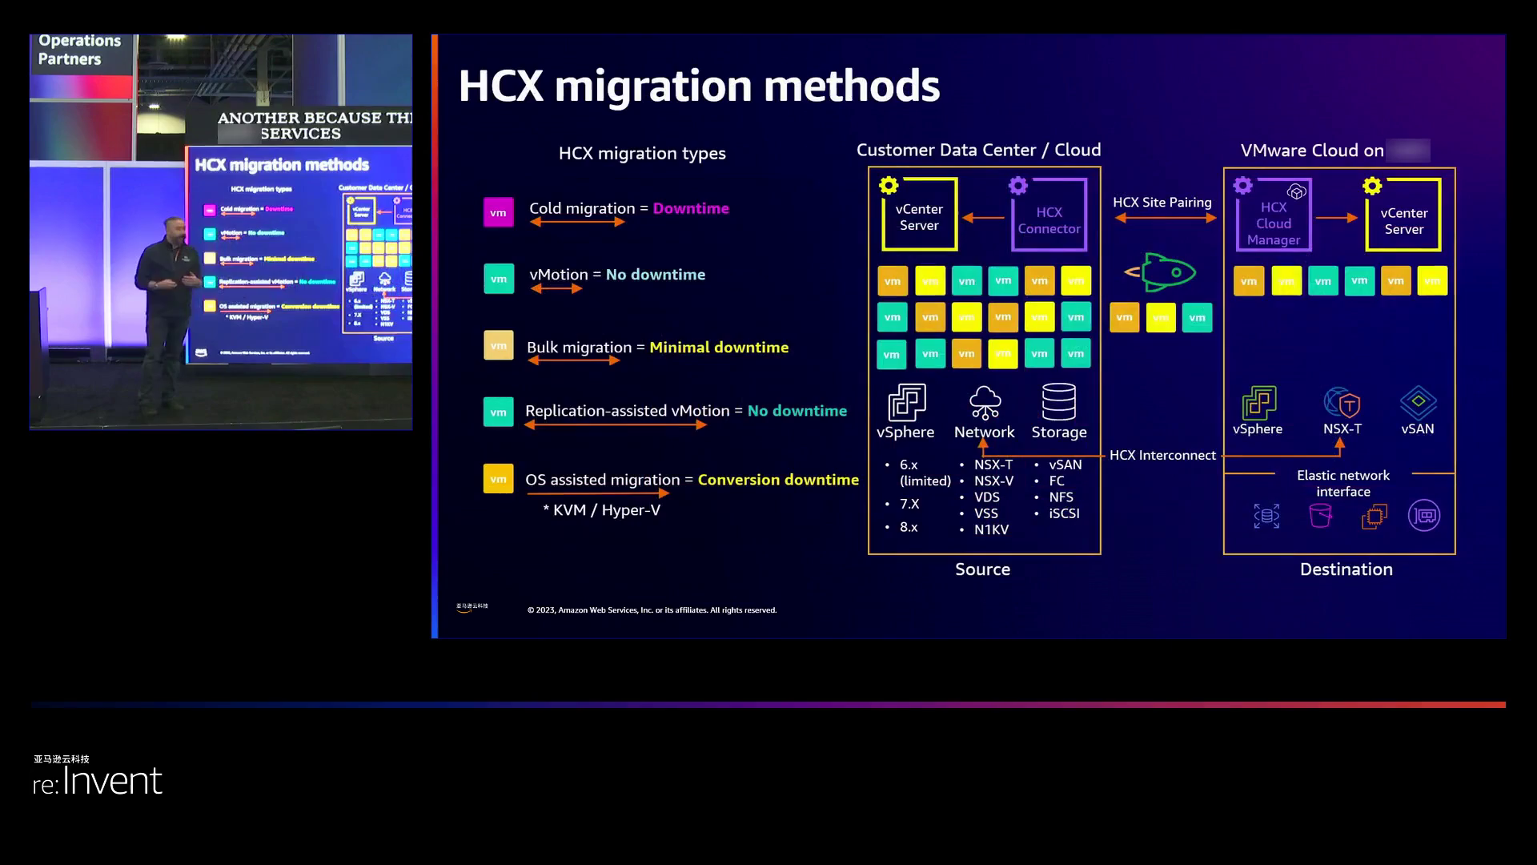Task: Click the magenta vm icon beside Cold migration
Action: tap(498, 213)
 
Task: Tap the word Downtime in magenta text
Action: tap(691, 208)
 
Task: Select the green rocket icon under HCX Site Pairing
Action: tap(1162, 272)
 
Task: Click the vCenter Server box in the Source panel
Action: tap(919, 215)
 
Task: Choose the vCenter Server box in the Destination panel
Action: tap(1403, 215)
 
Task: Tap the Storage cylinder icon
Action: tap(1058, 402)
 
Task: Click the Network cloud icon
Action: tap(985, 403)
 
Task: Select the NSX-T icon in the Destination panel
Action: tap(1342, 403)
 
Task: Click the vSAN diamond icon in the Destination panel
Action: tap(1418, 402)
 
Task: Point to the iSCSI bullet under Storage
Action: tap(1064, 513)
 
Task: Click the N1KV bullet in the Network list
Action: tap(991, 529)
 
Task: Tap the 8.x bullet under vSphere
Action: tap(909, 527)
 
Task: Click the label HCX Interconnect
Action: tap(1162, 455)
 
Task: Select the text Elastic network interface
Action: tap(1343, 483)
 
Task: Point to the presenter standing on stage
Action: tap(167, 312)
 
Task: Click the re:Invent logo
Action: tap(98, 780)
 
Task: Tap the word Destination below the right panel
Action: tap(1346, 569)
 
